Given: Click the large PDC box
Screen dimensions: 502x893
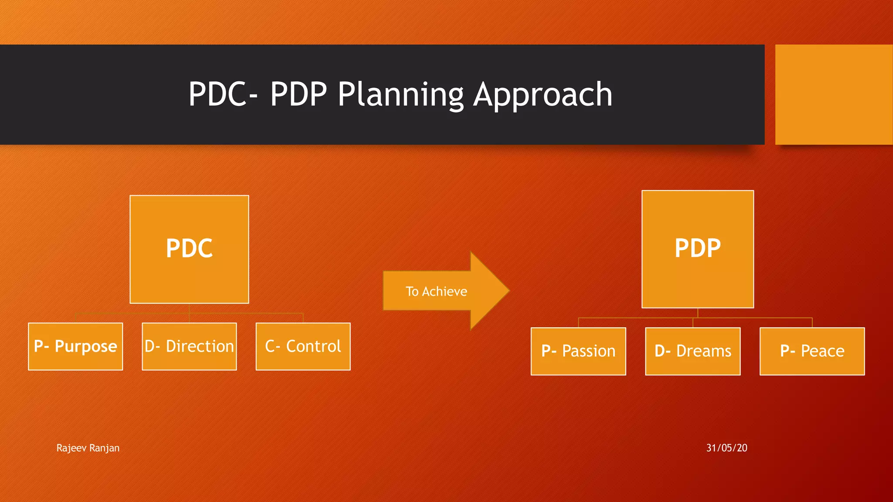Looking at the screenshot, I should [189, 249].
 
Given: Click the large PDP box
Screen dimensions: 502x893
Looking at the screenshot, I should [697, 249].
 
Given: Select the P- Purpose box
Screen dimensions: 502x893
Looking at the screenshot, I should [75, 346].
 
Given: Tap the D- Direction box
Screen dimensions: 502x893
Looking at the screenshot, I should [189, 346].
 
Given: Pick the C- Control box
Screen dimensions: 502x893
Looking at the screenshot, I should [303, 346].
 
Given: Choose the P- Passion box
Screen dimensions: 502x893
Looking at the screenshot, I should [578, 351].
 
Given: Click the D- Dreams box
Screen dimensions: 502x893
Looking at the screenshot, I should [692, 351].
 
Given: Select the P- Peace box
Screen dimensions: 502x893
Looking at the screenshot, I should [812, 351].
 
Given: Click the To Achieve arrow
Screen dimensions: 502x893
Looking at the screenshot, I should [436, 291].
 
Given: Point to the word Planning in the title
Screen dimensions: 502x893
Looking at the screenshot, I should [401, 95].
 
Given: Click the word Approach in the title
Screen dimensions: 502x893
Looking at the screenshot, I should [543, 95].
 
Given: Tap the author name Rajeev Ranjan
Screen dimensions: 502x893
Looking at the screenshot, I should [88, 448].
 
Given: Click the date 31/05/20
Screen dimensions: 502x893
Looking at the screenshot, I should [726, 448].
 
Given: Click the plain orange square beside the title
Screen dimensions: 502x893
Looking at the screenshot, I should [834, 94].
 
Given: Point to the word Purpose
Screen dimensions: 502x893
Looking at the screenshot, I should [86, 347].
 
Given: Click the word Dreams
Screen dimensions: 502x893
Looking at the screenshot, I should [703, 351].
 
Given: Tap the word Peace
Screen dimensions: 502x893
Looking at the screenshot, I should [822, 351].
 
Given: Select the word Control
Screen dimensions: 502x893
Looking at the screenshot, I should [313, 346].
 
